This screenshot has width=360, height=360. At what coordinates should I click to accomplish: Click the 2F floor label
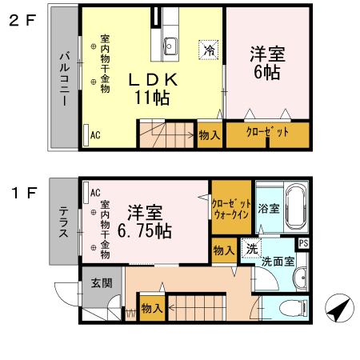tap(22, 22)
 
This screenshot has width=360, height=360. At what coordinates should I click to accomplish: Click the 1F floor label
tap(22, 193)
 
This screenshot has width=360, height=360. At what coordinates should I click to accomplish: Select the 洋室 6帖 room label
tap(266, 62)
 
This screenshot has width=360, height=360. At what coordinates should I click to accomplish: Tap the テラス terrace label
tap(63, 222)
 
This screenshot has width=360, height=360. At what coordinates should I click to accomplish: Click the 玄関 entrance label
tap(101, 282)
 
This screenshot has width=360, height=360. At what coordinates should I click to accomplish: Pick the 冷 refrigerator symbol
tap(209, 50)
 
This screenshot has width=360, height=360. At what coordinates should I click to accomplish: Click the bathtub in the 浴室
tap(296, 206)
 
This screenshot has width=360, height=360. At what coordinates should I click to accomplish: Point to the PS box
tap(302, 244)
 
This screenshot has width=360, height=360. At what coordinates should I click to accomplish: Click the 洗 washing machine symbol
tap(252, 249)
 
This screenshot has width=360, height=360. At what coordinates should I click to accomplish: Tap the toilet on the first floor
tap(294, 308)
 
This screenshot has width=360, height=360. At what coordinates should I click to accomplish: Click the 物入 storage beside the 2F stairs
tap(210, 135)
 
